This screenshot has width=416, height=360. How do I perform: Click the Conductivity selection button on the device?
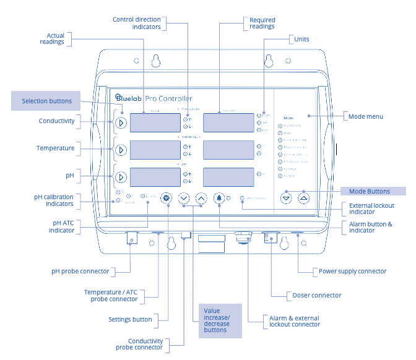click(121, 122)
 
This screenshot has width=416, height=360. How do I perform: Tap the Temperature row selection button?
click(121, 150)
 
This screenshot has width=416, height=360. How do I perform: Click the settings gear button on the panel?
click(165, 199)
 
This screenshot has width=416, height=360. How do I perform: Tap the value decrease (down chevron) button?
click(183, 199)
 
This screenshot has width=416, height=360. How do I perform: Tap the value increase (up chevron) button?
click(201, 199)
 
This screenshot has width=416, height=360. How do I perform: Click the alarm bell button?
click(220, 199)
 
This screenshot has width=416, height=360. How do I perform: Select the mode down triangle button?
click(285, 199)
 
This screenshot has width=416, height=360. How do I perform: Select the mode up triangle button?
click(303, 199)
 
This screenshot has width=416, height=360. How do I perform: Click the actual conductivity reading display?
click(155, 122)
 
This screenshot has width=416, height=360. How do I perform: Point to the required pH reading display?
click(228, 177)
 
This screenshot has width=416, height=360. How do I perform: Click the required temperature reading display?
click(228, 150)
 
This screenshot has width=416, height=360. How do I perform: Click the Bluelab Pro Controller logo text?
click(154, 98)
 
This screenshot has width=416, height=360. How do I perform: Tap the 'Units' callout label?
click(301, 40)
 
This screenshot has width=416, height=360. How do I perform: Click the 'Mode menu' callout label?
click(366, 116)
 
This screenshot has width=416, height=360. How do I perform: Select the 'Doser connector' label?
click(316, 295)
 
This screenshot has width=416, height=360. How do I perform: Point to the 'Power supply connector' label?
click(352, 271)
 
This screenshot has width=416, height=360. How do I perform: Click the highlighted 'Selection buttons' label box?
click(47, 101)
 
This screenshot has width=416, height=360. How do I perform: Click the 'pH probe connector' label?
click(80, 271)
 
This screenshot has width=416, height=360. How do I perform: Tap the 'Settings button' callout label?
click(130, 320)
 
